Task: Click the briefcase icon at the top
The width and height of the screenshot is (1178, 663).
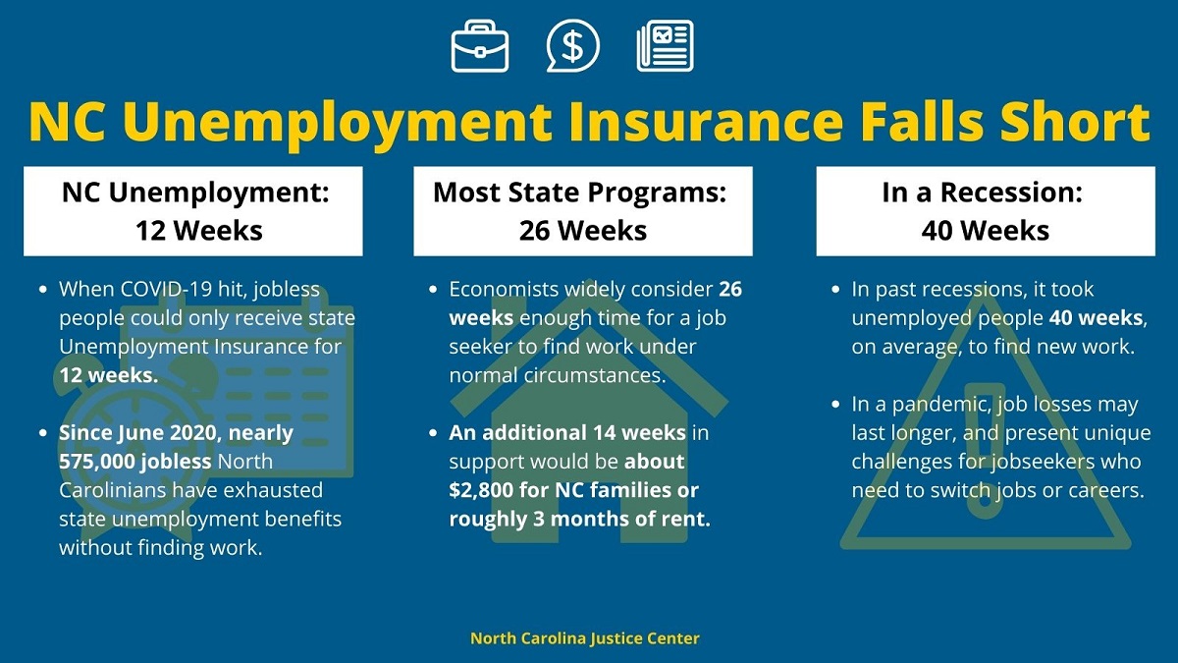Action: click(480, 46)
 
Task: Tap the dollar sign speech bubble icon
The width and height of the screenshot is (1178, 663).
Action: click(572, 45)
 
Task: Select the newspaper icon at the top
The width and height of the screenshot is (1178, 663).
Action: click(665, 46)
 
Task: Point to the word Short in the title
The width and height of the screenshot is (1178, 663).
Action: click(1075, 121)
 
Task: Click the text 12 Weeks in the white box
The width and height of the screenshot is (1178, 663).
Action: click(198, 231)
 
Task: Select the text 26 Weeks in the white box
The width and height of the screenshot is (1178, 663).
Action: click(583, 231)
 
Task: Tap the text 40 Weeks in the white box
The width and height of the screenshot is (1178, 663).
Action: click(985, 231)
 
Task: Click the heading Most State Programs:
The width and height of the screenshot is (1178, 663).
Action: click(579, 193)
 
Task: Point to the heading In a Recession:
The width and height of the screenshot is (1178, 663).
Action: click(983, 193)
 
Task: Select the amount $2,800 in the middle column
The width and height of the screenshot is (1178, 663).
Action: click(481, 490)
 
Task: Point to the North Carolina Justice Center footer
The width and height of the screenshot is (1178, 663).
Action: click(585, 638)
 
